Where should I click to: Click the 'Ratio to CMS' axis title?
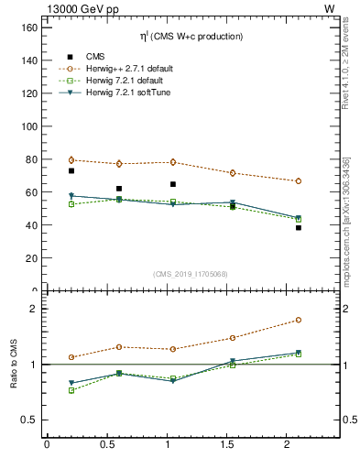coord(14,365)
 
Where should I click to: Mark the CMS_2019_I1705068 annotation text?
coord(191,272)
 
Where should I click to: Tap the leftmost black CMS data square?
coord(71,171)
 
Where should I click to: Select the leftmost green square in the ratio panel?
coord(71,390)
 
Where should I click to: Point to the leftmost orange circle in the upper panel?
coord(71,160)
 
